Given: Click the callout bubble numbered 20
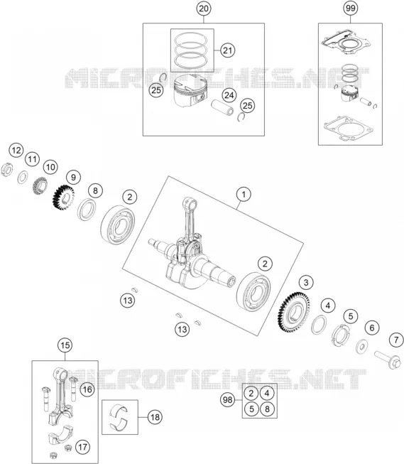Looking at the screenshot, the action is point(204,9).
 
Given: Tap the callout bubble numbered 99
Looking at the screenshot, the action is point(351,9).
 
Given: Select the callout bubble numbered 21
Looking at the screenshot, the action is point(227,50).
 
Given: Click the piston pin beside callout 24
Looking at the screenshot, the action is point(222,108).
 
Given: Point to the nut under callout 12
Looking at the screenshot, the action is point(6,170).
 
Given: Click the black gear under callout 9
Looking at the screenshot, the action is point(63,198).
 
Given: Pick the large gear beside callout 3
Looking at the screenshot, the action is point(293,312).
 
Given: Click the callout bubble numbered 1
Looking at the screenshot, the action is point(244,195).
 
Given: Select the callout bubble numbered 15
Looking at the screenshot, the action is point(65,345).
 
